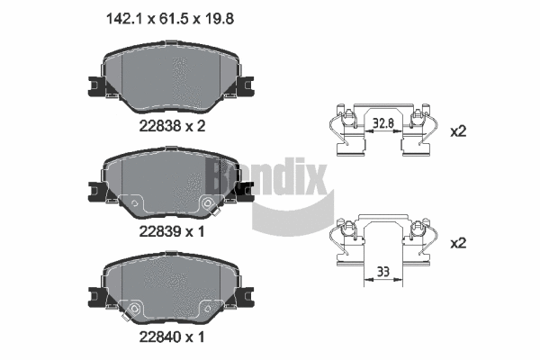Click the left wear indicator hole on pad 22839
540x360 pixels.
pos(136,204)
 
